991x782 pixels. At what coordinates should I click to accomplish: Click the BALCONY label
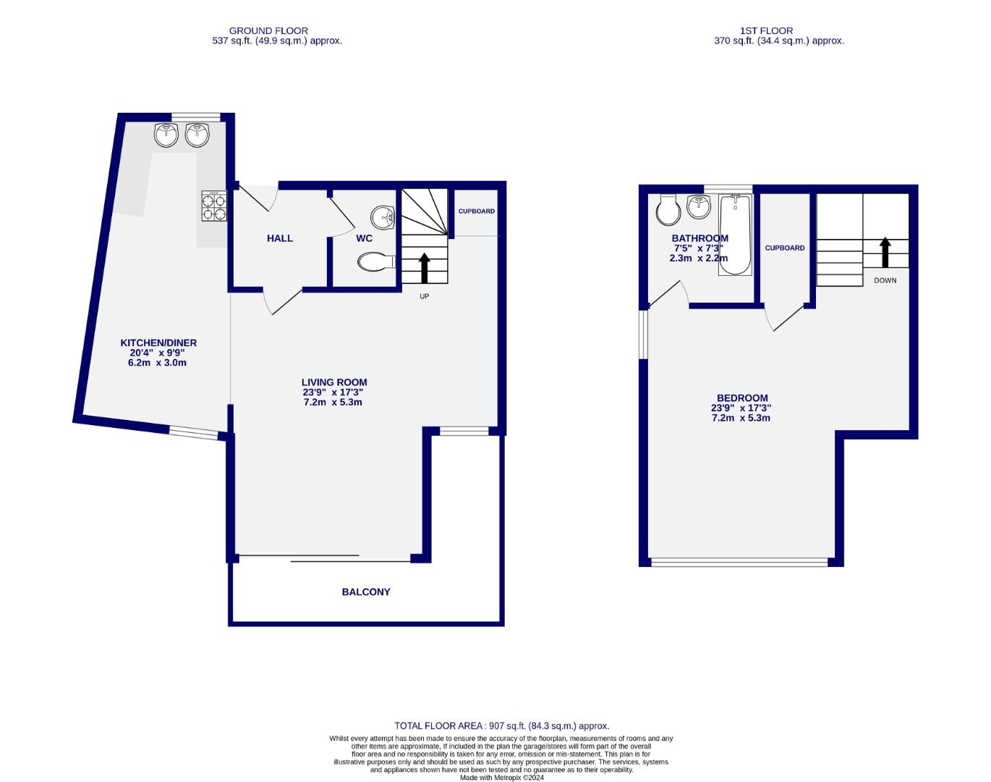coord(365,592)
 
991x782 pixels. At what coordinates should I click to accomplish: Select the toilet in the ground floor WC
coord(375,262)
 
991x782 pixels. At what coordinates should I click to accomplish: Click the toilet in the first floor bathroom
coord(667,211)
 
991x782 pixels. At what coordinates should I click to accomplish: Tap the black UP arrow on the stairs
coord(425,267)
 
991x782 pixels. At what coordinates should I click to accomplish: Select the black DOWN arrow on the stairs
coord(885,253)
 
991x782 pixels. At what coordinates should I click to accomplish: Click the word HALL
coord(280,238)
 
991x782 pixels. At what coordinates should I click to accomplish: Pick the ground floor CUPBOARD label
coord(477,211)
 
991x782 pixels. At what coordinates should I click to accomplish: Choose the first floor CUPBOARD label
coord(785,248)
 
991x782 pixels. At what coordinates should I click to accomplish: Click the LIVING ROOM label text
coord(334,382)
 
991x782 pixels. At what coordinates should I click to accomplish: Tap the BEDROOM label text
coord(742,398)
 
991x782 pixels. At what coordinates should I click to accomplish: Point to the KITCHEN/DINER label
coord(158,342)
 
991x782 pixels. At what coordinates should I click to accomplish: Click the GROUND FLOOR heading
coord(268,30)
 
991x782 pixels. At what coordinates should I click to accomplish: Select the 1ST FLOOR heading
coord(766,30)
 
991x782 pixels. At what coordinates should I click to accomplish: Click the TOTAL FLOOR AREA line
coord(501,726)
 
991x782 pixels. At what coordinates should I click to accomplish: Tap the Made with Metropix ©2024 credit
coord(501,778)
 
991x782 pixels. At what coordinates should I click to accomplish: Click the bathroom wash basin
coord(699,207)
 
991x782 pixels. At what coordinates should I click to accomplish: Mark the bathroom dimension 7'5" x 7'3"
coord(699,248)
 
